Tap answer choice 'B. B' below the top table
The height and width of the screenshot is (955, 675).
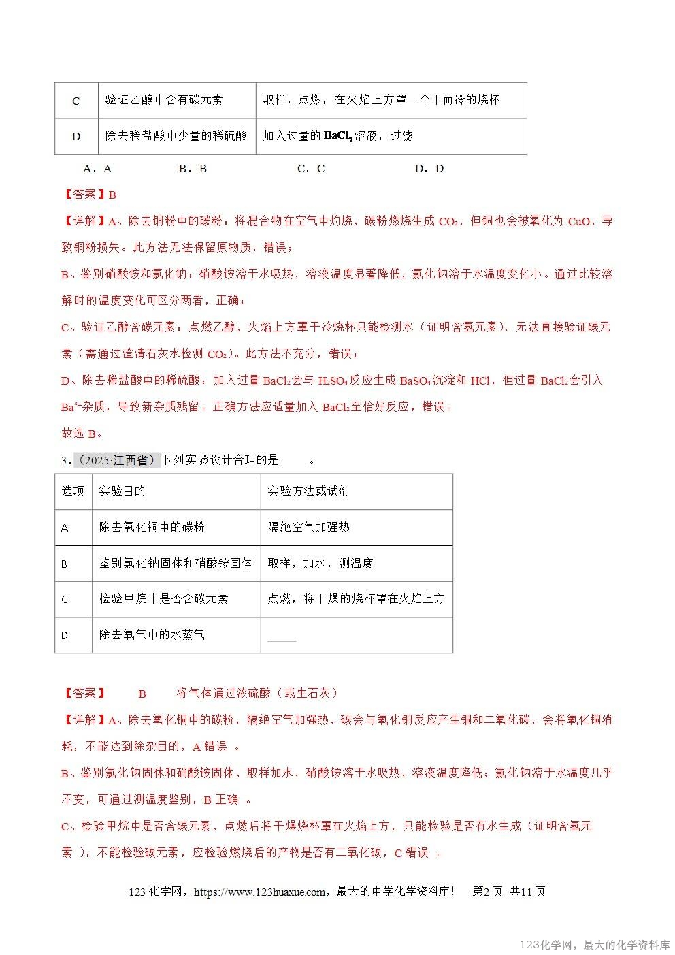click(193, 169)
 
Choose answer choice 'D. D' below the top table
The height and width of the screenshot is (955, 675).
click(429, 169)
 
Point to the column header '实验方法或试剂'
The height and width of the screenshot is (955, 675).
click(308, 491)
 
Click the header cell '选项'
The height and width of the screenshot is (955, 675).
click(73, 491)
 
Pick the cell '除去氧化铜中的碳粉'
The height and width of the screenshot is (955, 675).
click(152, 528)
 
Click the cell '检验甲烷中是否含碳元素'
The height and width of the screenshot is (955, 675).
click(163, 599)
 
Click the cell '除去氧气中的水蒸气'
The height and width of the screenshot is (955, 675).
click(152, 635)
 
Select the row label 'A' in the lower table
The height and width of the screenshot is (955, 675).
click(65, 528)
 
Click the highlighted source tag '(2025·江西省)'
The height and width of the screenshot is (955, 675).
click(116, 461)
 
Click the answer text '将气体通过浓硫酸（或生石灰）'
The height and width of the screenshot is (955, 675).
click(257, 694)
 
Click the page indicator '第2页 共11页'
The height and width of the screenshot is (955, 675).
click(508, 892)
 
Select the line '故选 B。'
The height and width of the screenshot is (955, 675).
click(82, 434)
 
